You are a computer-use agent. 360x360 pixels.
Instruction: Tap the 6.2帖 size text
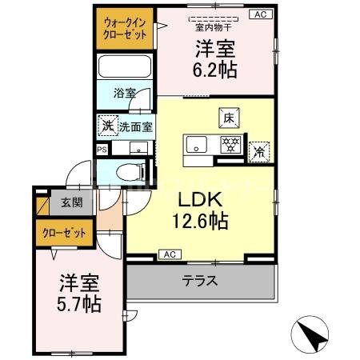215,70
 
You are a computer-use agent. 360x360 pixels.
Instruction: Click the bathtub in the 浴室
124,67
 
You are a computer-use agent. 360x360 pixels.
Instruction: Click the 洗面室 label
136,126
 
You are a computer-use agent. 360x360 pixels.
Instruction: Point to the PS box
101,149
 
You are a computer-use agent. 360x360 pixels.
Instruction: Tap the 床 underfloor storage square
227,118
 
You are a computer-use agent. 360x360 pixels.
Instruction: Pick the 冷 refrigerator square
261,150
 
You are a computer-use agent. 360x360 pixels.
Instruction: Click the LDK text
199,198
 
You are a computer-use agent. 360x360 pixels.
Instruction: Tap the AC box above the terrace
169,254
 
